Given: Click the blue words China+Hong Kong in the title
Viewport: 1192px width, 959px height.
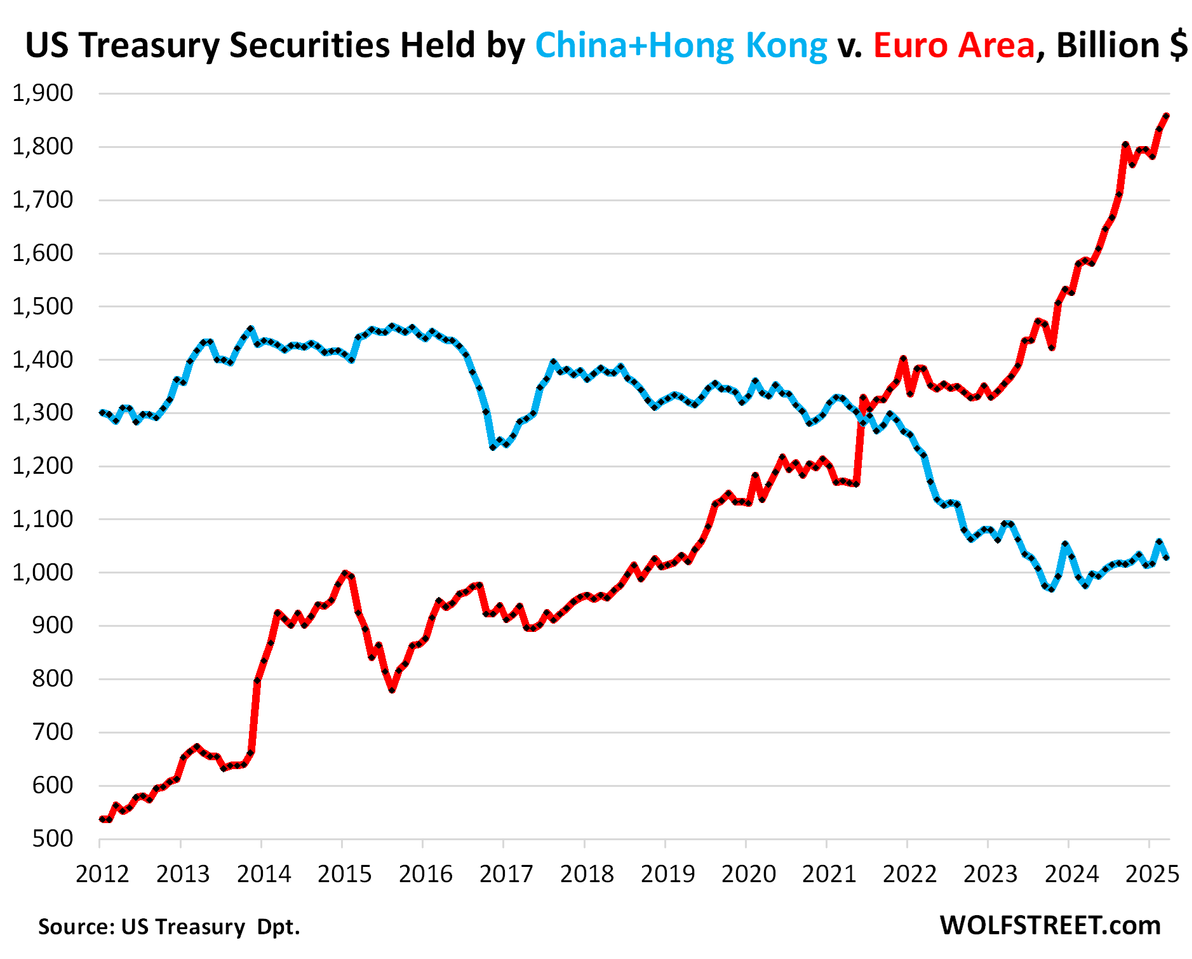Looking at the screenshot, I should click(x=681, y=46).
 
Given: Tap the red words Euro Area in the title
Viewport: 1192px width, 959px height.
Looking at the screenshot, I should click(x=954, y=46).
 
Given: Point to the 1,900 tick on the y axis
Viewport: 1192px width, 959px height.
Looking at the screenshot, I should click(x=43, y=93).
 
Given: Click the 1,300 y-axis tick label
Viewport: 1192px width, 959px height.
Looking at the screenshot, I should click(x=43, y=413).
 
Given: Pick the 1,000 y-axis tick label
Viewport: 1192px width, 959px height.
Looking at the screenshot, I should click(x=43, y=572).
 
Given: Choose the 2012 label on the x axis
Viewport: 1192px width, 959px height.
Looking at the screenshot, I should click(x=102, y=875).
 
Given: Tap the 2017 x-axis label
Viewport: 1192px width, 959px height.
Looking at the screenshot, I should click(x=506, y=875).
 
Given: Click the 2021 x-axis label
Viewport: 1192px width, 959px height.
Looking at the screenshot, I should click(x=829, y=875).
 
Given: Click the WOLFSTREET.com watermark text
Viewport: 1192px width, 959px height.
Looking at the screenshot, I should click(x=1050, y=925).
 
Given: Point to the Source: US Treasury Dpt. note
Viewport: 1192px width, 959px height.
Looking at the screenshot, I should click(x=169, y=927).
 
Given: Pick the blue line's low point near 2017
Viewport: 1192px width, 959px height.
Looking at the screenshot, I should click(x=493, y=447).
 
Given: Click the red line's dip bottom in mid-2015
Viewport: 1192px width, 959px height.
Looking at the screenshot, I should click(x=392, y=690).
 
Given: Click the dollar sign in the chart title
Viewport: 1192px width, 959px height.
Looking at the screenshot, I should click(x=1178, y=46).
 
